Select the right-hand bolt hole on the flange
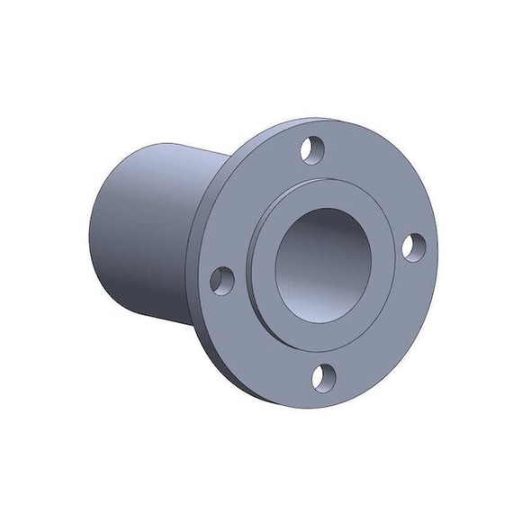[x=411, y=246]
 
